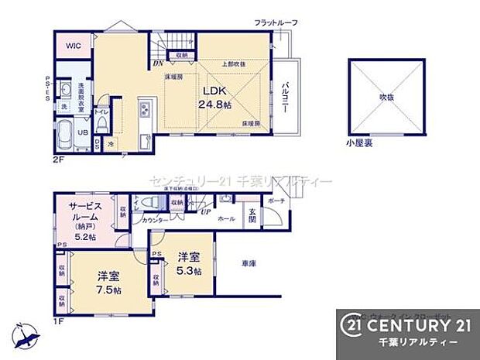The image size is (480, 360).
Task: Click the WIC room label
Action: click(x=73, y=45)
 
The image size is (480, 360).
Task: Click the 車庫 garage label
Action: click(x=248, y=263)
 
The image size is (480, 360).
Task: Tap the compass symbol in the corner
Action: click(x=26, y=334)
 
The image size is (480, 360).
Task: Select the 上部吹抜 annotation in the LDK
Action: click(x=234, y=63)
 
